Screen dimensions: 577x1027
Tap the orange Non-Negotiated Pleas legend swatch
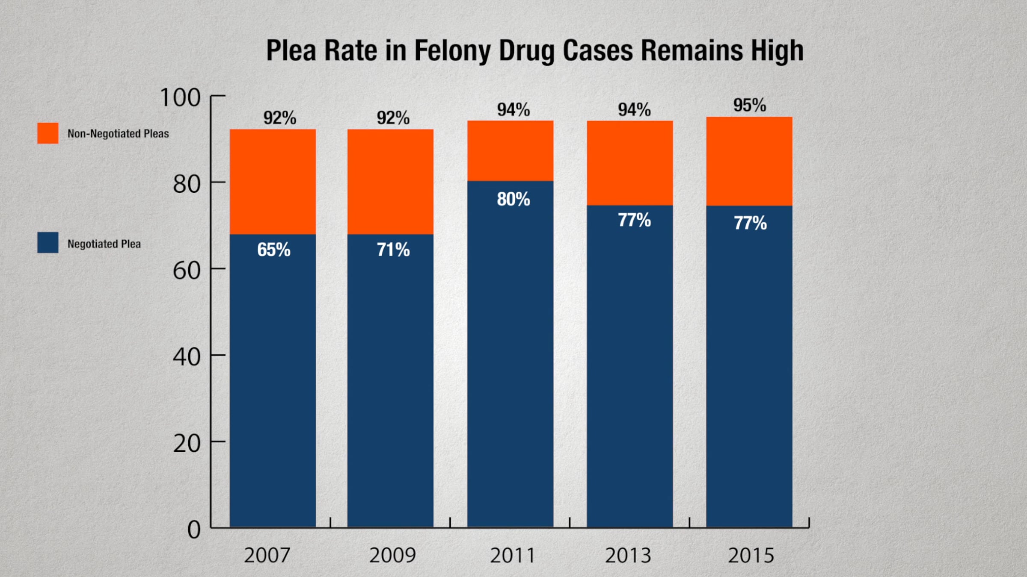[x=48, y=133]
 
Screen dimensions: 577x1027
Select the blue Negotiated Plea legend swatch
[x=48, y=243]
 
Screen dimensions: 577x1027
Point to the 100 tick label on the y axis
[x=180, y=97]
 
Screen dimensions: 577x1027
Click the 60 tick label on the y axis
[x=187, y=271]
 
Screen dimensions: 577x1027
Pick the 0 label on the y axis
[x=194, y=530]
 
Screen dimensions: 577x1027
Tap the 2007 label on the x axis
[x=267, y=556]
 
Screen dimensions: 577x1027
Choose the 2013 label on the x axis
[x=628, y=556]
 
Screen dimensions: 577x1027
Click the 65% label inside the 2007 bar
[x=274, y=250]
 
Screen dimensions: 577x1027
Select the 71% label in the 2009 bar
[x=393, y=250]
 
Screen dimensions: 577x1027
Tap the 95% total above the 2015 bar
[x=750, y=106]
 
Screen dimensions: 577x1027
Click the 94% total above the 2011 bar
[x=513, y=110]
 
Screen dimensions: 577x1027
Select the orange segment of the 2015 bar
[x=749, y=162]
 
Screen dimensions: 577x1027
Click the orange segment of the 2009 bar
[x=390, y=182]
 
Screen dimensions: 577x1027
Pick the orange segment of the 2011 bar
[x=510, y=151]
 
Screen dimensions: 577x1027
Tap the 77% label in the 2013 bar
[x=634, y=221]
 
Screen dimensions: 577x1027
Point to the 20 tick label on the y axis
[x=187, y=444]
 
